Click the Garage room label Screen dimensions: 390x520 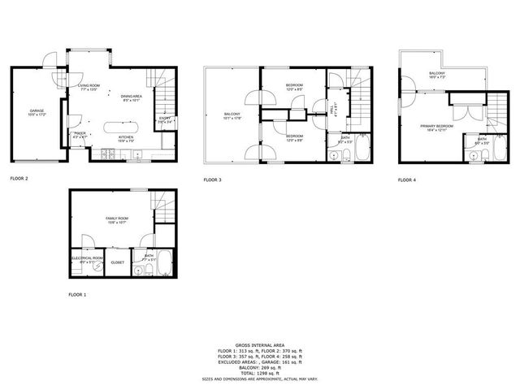(37, 110)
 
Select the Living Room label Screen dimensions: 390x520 (88, 85)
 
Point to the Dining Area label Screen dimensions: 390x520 (132, 97)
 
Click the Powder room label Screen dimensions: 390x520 (80, 134)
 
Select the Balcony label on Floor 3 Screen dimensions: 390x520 (232, 115)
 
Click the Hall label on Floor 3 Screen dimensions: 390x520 (336, 105)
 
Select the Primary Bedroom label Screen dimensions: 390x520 (436, 126)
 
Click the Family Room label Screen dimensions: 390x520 (116, 219)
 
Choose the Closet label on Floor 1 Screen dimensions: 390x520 (117, 262)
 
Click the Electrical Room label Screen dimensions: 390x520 (87, 259)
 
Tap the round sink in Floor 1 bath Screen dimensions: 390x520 (137, 271)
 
